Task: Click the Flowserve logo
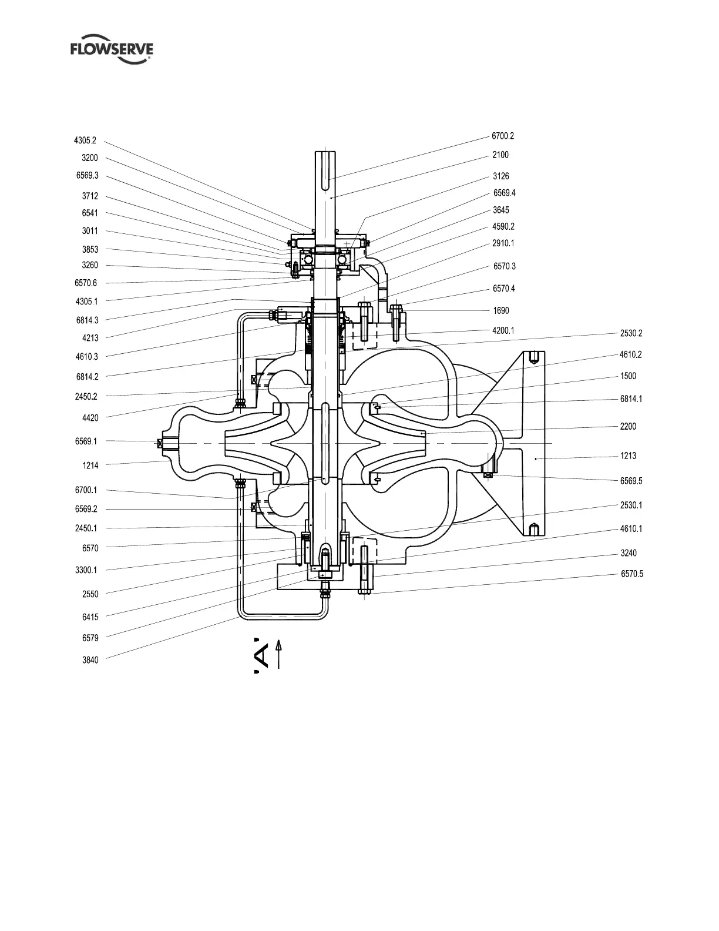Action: click(112, 51)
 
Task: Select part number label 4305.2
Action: click(85, 141)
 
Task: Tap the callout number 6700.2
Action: click(503, 136)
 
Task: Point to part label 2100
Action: click(500, 155)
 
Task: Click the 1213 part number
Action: click(628, 456)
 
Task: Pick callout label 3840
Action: click(90, 660)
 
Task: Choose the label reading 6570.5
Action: click(632, 574)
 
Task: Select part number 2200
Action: click(628, 427)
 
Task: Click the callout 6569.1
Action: click(86, 441)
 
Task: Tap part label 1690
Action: click(501, 311)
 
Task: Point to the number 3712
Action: click(90, 196)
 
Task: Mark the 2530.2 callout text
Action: click(631, 333)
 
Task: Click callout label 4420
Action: click(90, 418)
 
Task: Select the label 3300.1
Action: click(86, 570)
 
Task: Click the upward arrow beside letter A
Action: click(278, 654)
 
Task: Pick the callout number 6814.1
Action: click(631, 399)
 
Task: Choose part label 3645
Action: click(501, 210)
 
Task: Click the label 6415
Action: click(90, 617)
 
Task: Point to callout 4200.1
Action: click(503, 331)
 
